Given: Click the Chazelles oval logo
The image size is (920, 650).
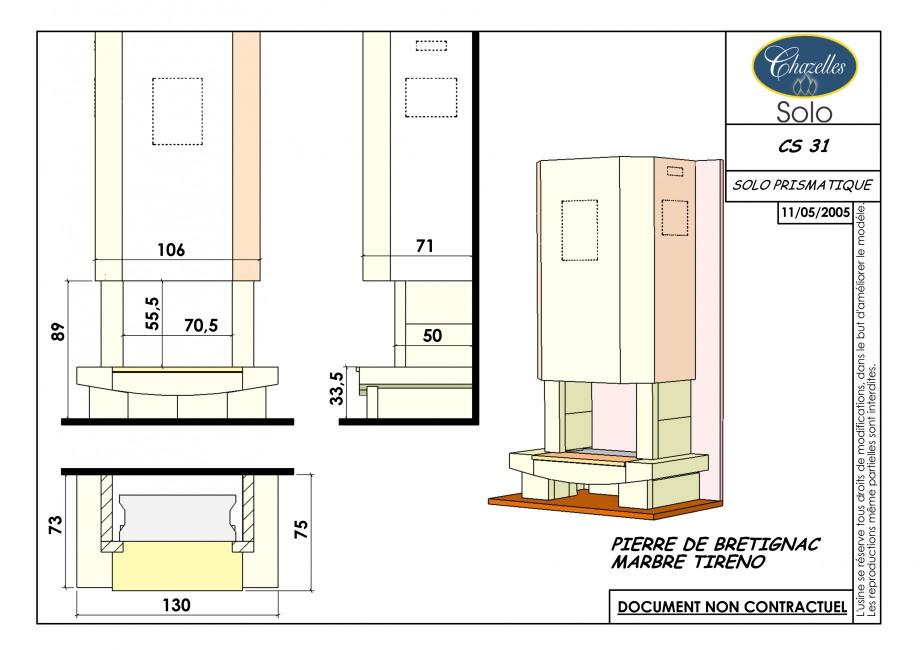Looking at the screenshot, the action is tap(804, 66).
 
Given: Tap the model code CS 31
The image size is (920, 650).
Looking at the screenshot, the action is tap(804, 145).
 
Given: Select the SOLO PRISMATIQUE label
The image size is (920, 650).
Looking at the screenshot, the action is tap(802, 185).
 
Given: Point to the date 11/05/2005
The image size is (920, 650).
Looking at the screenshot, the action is tap(815, 212).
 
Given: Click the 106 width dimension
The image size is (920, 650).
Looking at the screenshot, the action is tap(171, 250).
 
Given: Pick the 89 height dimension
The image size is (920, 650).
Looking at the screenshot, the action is tap(58, 332).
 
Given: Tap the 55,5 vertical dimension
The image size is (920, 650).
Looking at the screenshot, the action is tap(152, 313).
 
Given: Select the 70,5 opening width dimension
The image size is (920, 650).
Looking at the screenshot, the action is tap(201, 325).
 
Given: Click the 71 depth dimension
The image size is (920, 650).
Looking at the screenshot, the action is tap(425, 246).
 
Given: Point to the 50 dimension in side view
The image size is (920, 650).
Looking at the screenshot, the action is tap(432, 336).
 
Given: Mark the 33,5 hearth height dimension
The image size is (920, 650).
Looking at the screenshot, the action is tap(336, 388).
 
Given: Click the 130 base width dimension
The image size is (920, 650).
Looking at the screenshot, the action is tap(176, 605).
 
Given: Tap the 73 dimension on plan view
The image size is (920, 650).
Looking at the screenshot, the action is tap(55, 524).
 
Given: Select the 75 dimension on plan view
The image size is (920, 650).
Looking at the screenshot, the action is tap(300, 529).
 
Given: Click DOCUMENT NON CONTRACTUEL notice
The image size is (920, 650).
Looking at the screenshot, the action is tap(732, 607).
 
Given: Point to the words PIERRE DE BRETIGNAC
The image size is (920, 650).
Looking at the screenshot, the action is tap(715, 544).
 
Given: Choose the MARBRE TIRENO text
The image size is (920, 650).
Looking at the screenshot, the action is tap(688, 562).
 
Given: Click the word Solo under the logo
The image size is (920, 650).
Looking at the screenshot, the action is tap(804, 112).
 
